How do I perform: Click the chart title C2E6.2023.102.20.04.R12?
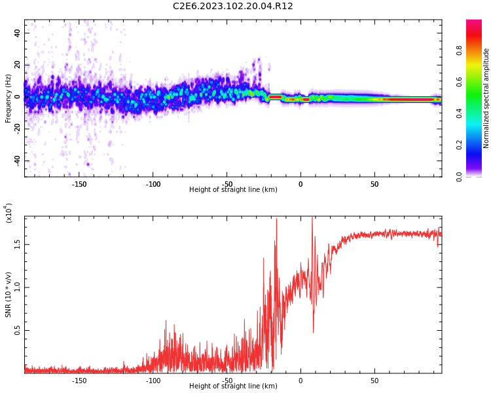click(x=233, y=7)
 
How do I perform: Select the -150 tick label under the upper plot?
click(x=79, y=184)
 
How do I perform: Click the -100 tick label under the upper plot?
click(x=153, y=184)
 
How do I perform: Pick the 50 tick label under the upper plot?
click(x=374, y=184)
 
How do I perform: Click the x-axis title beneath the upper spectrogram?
click(x=233, y=190)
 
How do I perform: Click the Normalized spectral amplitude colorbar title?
click(x=486, y=98)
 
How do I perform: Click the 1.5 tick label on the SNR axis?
click(x=17, y=244)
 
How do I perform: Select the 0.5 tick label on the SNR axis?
click(x=17, y=331)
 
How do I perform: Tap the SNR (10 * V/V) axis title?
click(x=9, y=295)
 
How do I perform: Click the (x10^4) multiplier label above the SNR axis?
click(x=9, y=213)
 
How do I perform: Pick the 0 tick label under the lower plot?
click(x=300, y=381)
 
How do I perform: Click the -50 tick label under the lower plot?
click(x=227, y=381)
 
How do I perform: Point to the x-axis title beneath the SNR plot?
click(x=233, y=386)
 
